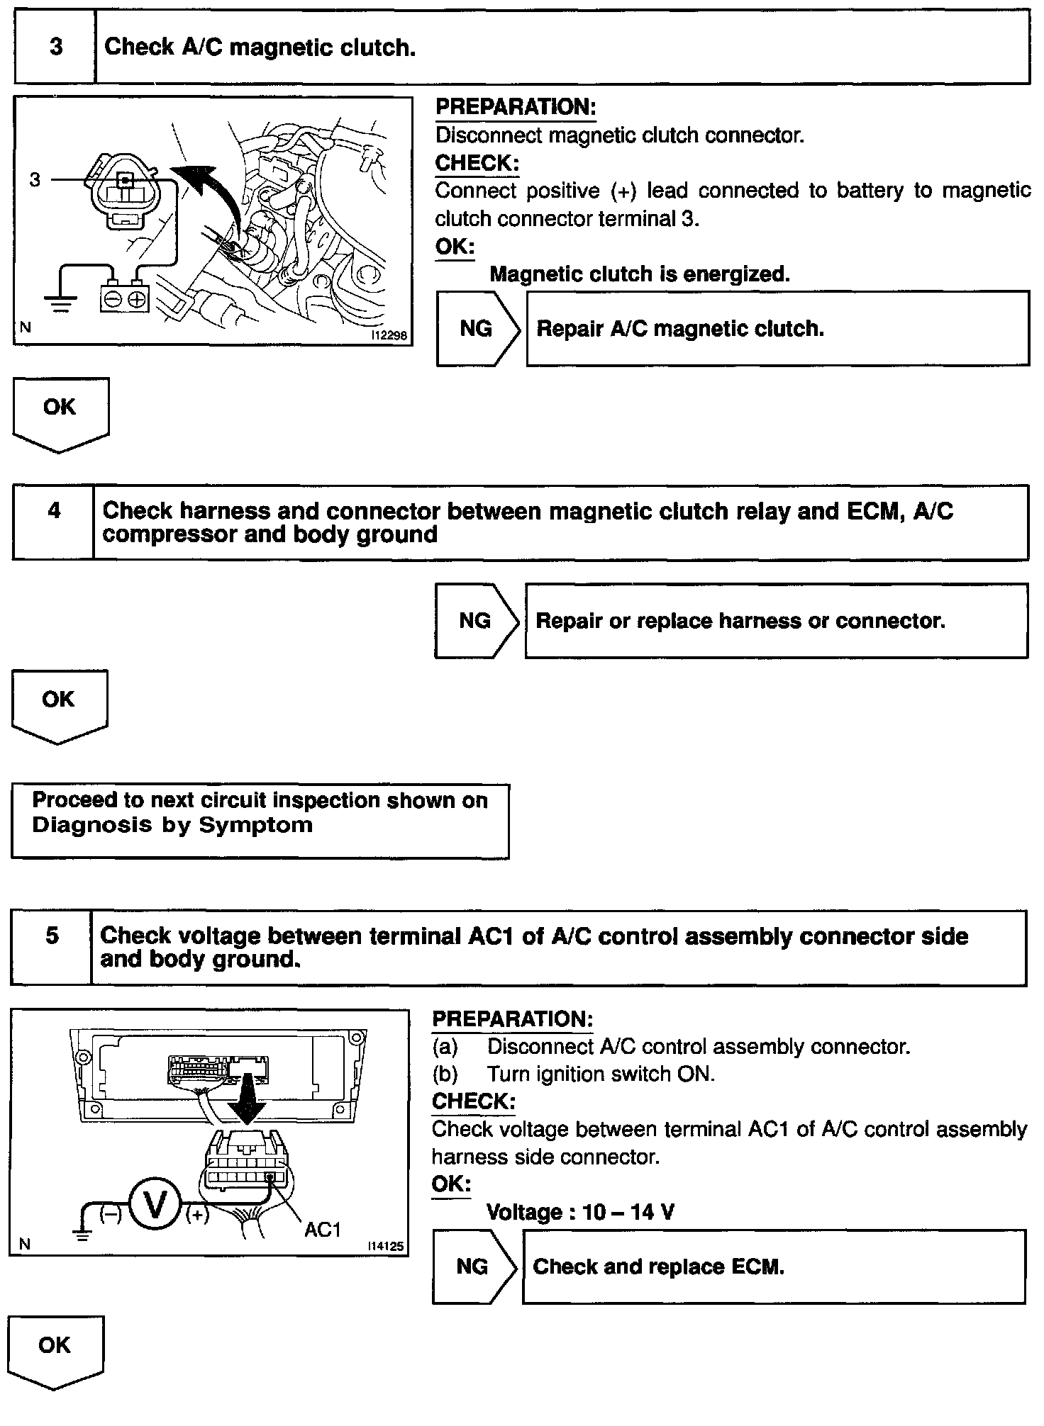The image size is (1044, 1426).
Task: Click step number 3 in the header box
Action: click(55, 47)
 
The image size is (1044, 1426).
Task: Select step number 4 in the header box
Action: click(54, 510)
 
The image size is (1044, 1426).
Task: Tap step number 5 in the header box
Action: click(52, 936)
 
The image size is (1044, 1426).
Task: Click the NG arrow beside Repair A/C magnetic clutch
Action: click(477, 328)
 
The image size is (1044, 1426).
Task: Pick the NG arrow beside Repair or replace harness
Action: click(476, 621)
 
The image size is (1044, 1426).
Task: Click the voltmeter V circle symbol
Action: click(155, 1203)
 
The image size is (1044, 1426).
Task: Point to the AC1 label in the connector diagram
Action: click(323, 1230)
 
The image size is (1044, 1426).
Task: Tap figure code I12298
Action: click(389, 335)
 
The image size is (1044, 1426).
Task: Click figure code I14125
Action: click(387, 1246)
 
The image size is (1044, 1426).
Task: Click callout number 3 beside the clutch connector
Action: click(35, 180)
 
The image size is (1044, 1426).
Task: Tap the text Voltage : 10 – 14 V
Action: click(580, 1212)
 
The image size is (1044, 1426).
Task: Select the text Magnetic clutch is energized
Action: click(639, 274)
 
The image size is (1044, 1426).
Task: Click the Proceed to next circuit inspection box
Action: click(260, 821)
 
